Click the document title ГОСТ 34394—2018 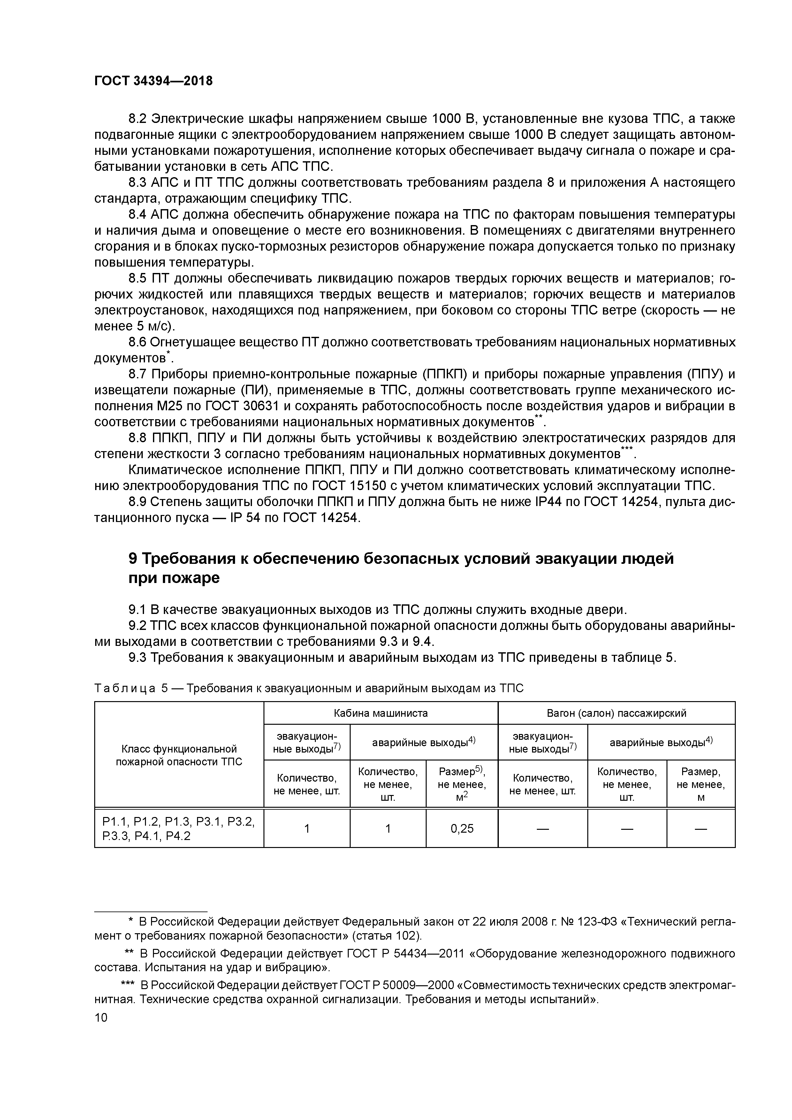[153, 81]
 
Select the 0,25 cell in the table [462, 828]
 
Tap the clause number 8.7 [138, 374]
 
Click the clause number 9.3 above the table [138, 658]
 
